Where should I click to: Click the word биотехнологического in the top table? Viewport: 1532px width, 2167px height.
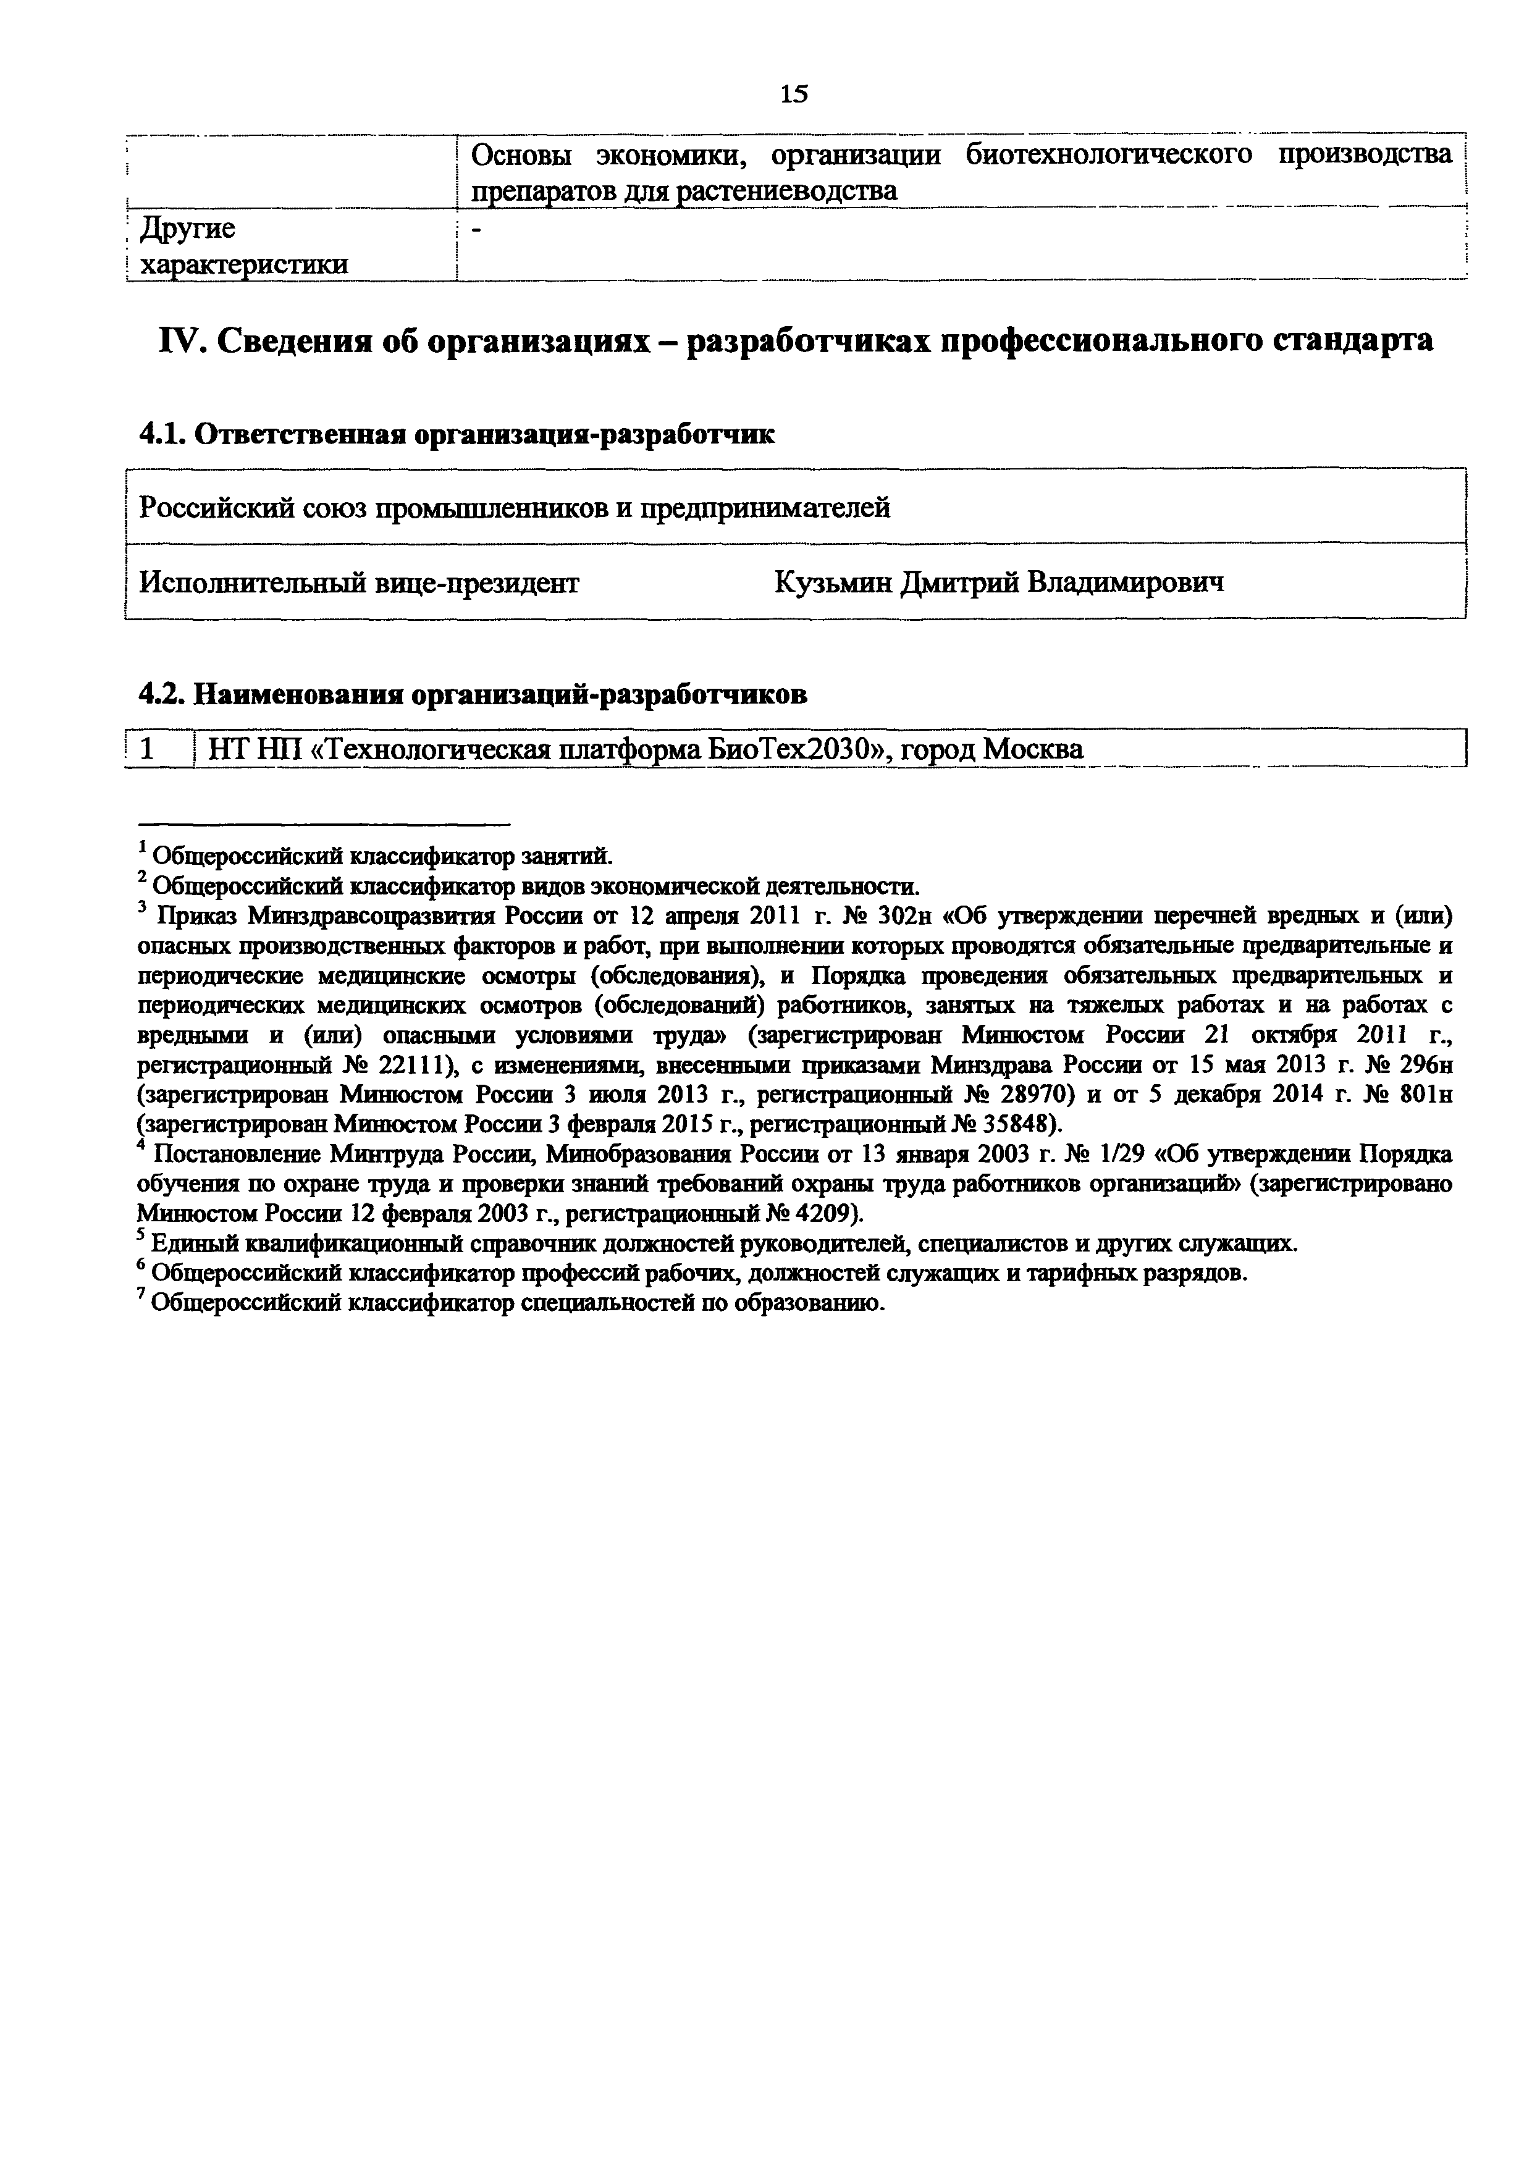(x=1108, y=155)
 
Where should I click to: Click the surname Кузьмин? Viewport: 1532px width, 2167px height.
(x=831, y=583)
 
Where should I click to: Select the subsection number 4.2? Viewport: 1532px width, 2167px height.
(x=162, y=695)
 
